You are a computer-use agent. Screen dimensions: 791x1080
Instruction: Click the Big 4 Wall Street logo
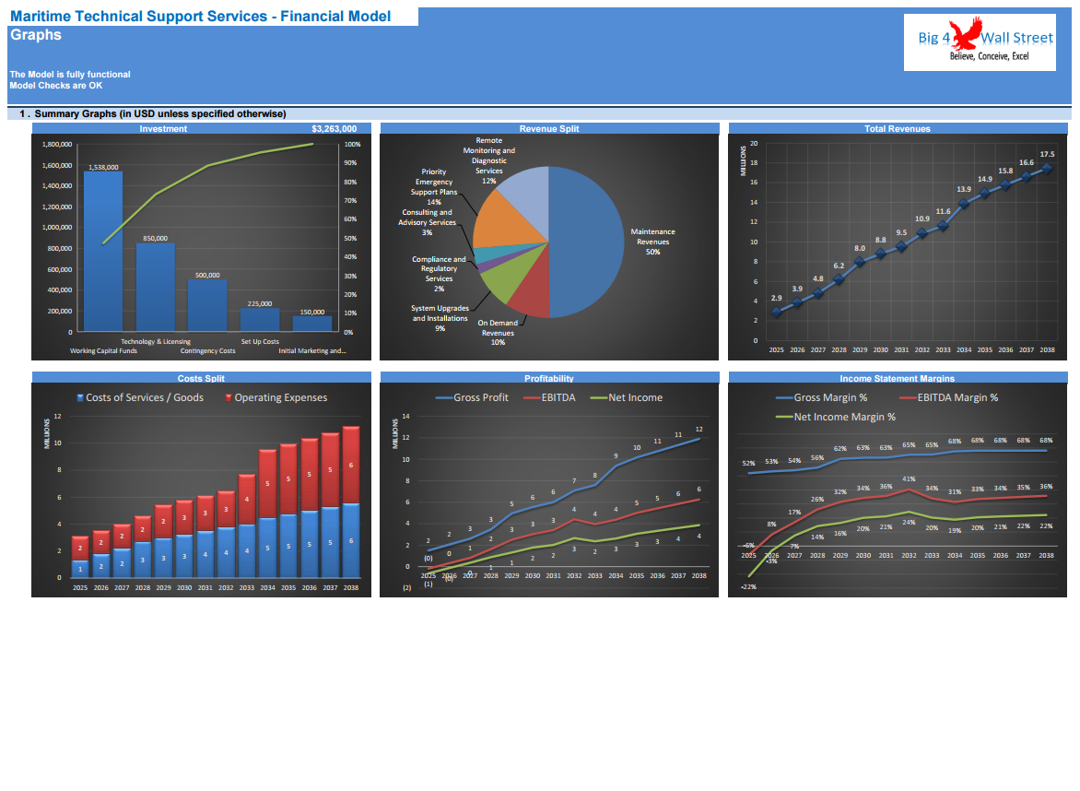pyautogui.click(x=979, y=41)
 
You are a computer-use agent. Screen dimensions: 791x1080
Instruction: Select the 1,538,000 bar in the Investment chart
pyautogui.click(x=102, y=249)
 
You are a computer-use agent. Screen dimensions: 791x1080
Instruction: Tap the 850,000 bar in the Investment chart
pyautogui.click(x=155, y=286)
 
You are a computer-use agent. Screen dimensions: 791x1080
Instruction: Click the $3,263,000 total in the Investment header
pyautogui.click(x=334, y=129)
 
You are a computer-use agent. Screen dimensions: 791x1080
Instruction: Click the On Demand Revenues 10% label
pyautogui.click(x=498, y=333)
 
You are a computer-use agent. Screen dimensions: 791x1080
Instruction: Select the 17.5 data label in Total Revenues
pyautogui.click(x=1047, y=154)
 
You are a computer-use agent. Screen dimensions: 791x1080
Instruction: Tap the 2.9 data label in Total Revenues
pyautogui.click(x=776, y=298)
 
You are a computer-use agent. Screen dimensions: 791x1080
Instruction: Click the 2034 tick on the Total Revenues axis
pyautogui.click(x=963, y=350)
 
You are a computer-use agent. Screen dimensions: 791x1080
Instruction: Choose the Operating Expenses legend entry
pyautogui.click(x=276, y=398)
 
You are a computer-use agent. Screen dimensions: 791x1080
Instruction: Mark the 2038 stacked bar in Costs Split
pyautogui.click(x=350, y=502)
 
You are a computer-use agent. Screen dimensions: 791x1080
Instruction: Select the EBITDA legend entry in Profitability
pyautogui.click(x=550, y=398)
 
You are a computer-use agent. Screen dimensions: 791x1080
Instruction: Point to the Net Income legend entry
pyautogui.click(x=628, y=398)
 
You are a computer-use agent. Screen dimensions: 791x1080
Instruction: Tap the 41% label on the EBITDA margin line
pyautogui.click(x=909, y=479)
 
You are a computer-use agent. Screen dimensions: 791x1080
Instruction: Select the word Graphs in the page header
pyautogui.click(x=36, y=35)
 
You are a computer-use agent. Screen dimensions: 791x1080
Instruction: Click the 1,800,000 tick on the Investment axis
pyautogui.click(x=57, y=144)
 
